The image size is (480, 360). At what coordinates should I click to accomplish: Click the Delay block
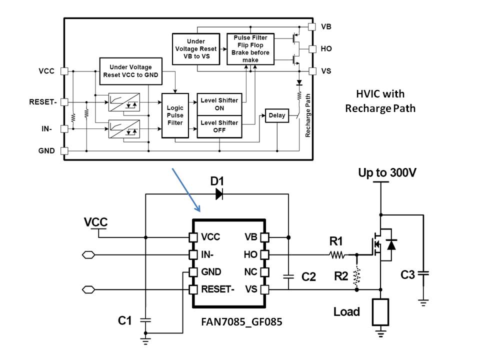tap(276, 115)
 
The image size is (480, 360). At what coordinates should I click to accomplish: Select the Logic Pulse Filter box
tap(175, 115)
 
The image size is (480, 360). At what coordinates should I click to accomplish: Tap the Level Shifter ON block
tap(219, 100)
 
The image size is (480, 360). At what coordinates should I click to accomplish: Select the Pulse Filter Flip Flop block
tap(250, 49)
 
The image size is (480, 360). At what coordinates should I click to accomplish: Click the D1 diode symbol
tap(218, 194)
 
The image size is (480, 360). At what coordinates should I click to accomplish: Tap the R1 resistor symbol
tap(336, 255)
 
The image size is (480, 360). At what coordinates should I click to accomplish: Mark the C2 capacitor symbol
tap(288, 275)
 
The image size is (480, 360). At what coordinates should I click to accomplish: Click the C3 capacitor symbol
tap(423, 274)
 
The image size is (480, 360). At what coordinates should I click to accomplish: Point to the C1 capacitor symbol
tap(145, 319)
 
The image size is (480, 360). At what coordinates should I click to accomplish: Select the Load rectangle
tap(381, 312)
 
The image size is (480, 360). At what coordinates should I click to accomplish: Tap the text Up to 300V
tap(387, 173)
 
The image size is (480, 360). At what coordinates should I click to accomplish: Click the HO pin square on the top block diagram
tap(312, 49)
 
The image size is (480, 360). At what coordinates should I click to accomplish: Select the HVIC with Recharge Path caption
tap(380, 101)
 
